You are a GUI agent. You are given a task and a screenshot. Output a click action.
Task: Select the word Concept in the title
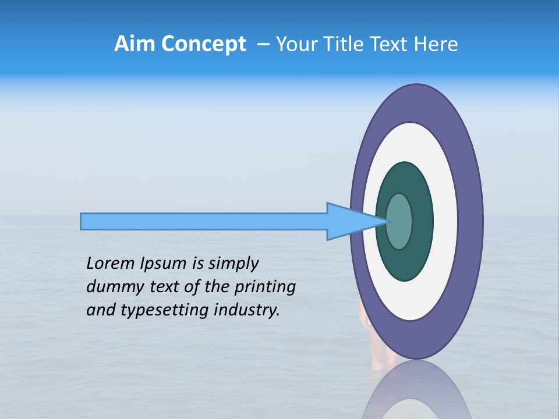tap(203, 45)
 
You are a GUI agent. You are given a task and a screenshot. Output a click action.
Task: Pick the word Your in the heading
tap(296, 44)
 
